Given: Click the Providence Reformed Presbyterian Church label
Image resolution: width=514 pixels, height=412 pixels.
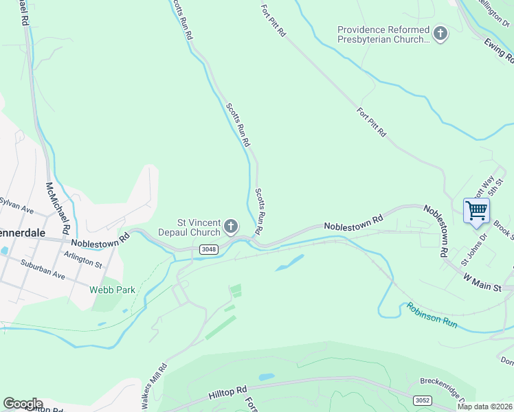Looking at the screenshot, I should pos(383,34).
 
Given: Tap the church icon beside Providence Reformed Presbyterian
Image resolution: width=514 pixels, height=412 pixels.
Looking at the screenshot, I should pos(440,32).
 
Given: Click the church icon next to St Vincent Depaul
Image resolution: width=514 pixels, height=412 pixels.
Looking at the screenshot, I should pos(232,226).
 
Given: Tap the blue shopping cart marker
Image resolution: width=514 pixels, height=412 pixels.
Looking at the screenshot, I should pos(476,209).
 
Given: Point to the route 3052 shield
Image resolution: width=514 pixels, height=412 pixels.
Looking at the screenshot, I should pos(423,399).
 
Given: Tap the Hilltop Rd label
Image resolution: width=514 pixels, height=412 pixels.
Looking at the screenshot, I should pos(227,393).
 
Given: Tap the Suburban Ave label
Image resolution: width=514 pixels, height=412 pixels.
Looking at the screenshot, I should pos(43,271).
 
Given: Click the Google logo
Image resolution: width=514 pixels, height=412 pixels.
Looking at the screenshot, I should pos(23,404).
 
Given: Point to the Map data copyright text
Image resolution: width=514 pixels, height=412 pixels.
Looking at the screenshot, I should pos(484,407).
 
